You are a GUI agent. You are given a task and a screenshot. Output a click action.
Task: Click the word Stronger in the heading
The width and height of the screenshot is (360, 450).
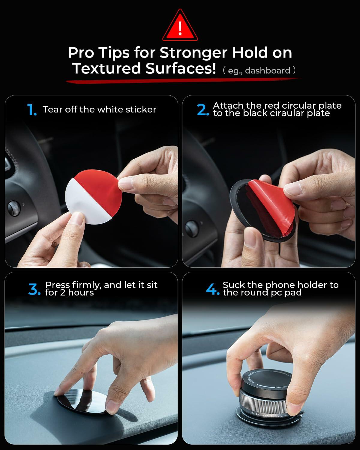pyautogui.click(x=193, y=53)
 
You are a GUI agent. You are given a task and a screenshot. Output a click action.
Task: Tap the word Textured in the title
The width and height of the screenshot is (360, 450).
pyautogui.click(x=106, y=68)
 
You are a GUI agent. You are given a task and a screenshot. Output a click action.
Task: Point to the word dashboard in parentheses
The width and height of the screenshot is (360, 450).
pyautogui.click(x=268, y=71)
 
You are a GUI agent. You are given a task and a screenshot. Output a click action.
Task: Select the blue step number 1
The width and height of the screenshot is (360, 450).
pyautogui.click(x=31, y=110)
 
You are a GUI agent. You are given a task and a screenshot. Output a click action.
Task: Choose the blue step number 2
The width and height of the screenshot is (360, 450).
pyautogui.click(x=203, y=110)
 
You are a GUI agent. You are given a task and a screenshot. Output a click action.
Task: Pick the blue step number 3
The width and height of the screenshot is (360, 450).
pyautogui.click(x=34, y=289)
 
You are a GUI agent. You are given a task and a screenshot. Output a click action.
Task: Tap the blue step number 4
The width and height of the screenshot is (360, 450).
pyautogui.click(x=212, y=289)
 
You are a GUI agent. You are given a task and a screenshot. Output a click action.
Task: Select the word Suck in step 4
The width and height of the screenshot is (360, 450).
pyautogui.click(x=233, y=285)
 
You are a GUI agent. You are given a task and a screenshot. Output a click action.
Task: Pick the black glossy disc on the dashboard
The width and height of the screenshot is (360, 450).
pyautogui.click(x=81, y=402)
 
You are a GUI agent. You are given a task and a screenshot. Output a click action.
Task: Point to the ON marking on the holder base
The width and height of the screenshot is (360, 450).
pyautogui.click(x=257, y=414)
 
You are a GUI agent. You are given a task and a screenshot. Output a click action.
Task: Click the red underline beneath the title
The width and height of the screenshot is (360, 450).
pyautogui.click(x=183, y=80)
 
